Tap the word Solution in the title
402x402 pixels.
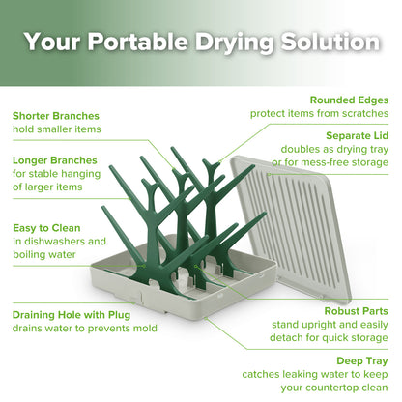coord(323,43)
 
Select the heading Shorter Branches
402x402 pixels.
coord(56,115)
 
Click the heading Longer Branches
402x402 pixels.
coord(54,159)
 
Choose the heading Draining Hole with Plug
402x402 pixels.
coord(72,314)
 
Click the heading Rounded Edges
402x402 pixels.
coord(349,99)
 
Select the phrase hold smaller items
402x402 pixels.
coord(56,129)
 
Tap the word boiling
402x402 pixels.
coord(32,255)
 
